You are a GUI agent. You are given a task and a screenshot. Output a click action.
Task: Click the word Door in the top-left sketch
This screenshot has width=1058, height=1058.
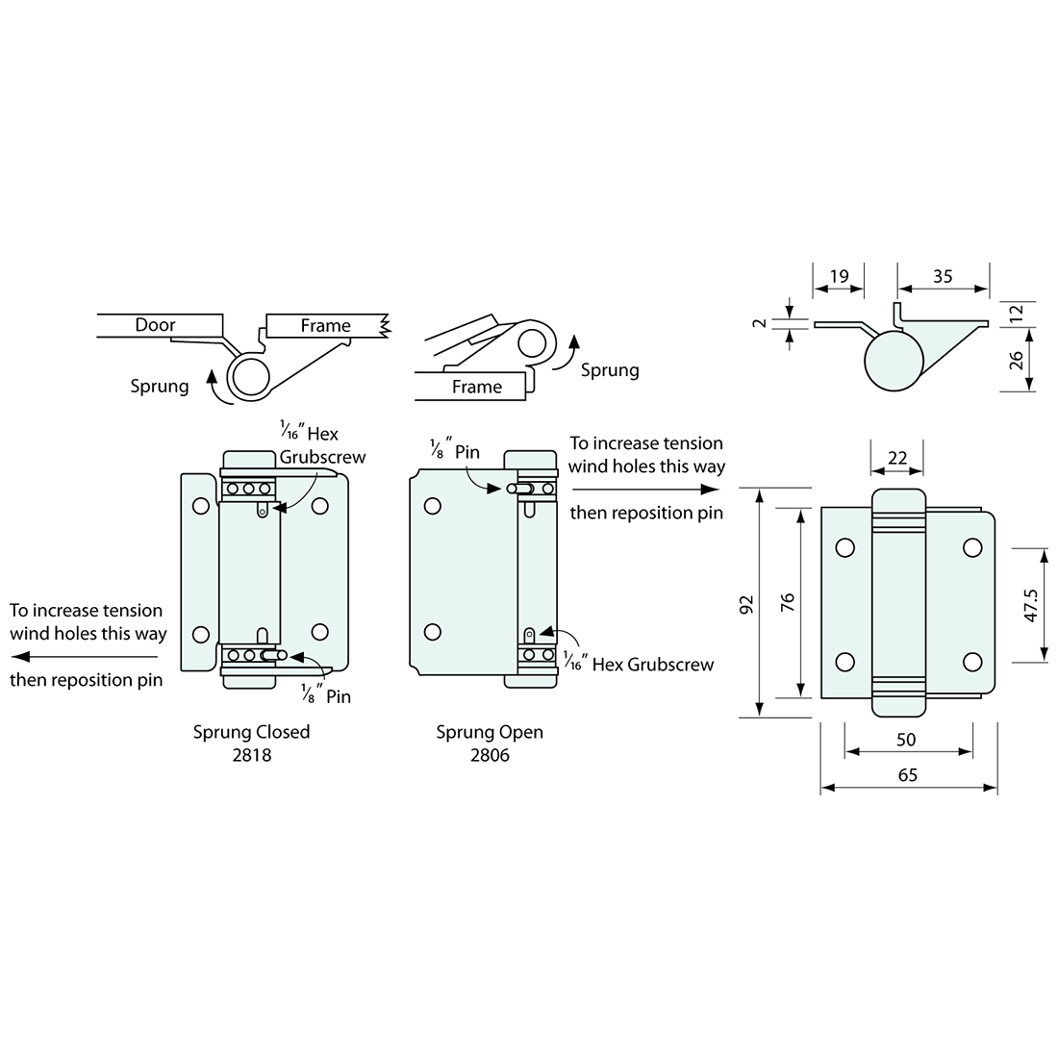pyautogui.click(x=155, y=324)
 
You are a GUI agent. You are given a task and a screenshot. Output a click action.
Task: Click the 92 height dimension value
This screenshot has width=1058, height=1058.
pyautogui.click(x=746, y=604)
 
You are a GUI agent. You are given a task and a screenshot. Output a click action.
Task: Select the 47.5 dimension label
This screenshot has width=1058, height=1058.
pyautogui.click(x=1030, y=605)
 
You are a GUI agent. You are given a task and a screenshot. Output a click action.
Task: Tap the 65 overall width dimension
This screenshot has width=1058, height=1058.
pyautogui.click(x=908, y=774)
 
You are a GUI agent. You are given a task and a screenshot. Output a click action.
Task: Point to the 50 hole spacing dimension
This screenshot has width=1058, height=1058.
pyautogui.click(x=906, y=740)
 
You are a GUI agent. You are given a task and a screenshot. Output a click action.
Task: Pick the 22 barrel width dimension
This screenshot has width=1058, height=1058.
pyautogui.click(x=897, y=458)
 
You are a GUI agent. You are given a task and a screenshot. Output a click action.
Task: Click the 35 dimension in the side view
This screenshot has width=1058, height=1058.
pyautogui.click(x=943, y=276)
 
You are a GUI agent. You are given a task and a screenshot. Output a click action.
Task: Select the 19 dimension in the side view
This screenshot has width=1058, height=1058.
pyautogui.click(x=839, y=276)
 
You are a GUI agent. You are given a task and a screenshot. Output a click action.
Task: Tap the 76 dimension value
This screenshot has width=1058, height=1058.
pyautogui.click(x=788, y=602)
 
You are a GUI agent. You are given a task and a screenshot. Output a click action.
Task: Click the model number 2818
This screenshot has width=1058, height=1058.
pyautogui.click(x=252, y=755)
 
